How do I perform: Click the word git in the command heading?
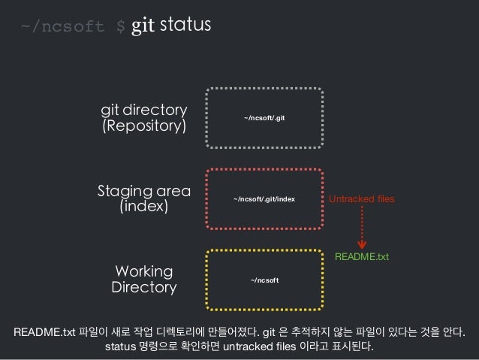coord(143,27)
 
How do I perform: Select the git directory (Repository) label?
coord(144,118)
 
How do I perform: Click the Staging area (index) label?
coord(144,198)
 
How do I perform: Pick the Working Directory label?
coord(144,279)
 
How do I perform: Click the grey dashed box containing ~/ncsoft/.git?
coord(264,118)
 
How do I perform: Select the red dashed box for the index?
coord(264,198)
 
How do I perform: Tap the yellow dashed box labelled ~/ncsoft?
coord(264,279)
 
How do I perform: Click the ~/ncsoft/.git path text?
coord(264,118)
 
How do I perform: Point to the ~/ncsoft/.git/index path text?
coord(264,199)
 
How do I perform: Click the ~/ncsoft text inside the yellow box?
coord(264,280)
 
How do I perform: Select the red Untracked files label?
coord(361,199)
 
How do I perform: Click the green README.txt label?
coord(361,257)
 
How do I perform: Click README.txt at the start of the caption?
coord(44,332)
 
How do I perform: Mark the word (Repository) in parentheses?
coord(144,126)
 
